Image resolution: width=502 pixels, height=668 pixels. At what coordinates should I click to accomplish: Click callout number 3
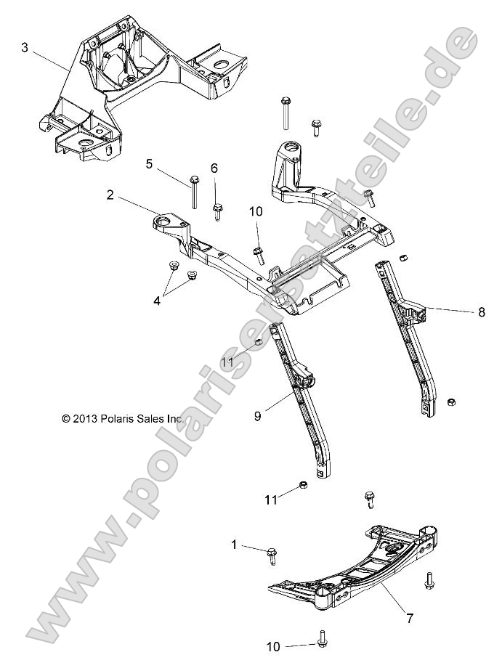[x=25, y=48]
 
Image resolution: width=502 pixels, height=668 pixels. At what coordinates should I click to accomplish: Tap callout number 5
[x=149, y=164]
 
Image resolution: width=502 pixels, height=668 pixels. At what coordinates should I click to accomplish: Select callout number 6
[x=194, y=168]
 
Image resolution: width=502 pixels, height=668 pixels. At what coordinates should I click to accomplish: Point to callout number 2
[x=110, y=195]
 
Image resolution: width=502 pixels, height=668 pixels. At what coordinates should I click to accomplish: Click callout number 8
[x=482, y=312]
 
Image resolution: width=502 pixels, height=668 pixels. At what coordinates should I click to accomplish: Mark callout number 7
[x=410, y=619]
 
